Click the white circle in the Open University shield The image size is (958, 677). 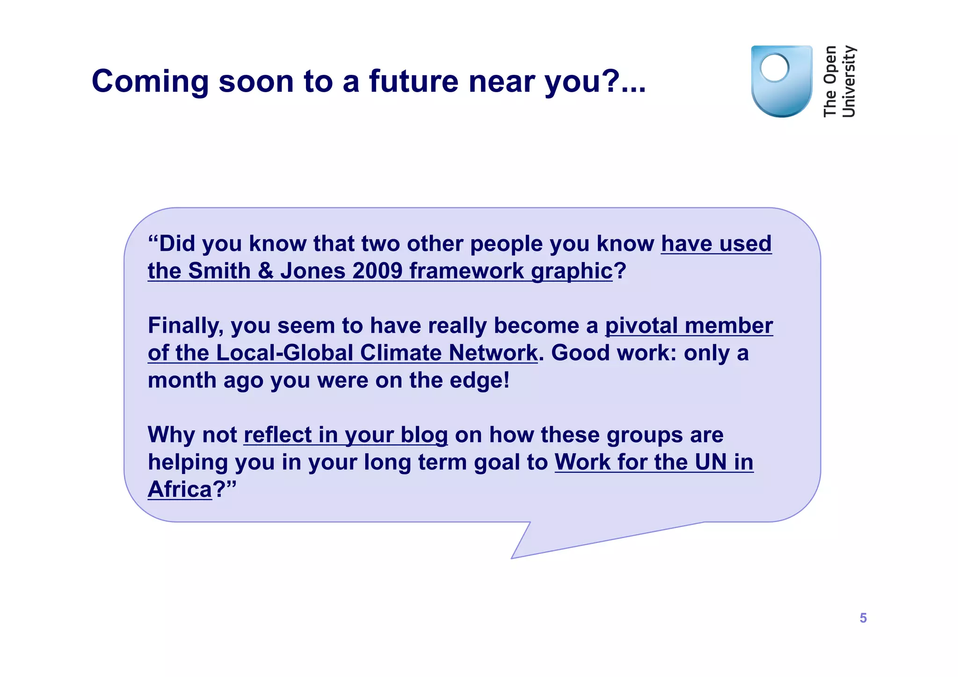click(774, 68)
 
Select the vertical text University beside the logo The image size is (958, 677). click(849, 81)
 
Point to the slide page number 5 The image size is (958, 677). click(863, 618)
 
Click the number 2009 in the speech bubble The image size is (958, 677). click(377, 271)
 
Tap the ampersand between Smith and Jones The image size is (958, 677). click(265, 271)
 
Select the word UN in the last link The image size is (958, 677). click(711, 462)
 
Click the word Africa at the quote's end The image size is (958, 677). click(180, 489)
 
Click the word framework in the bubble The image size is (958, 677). click(466, 271)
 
